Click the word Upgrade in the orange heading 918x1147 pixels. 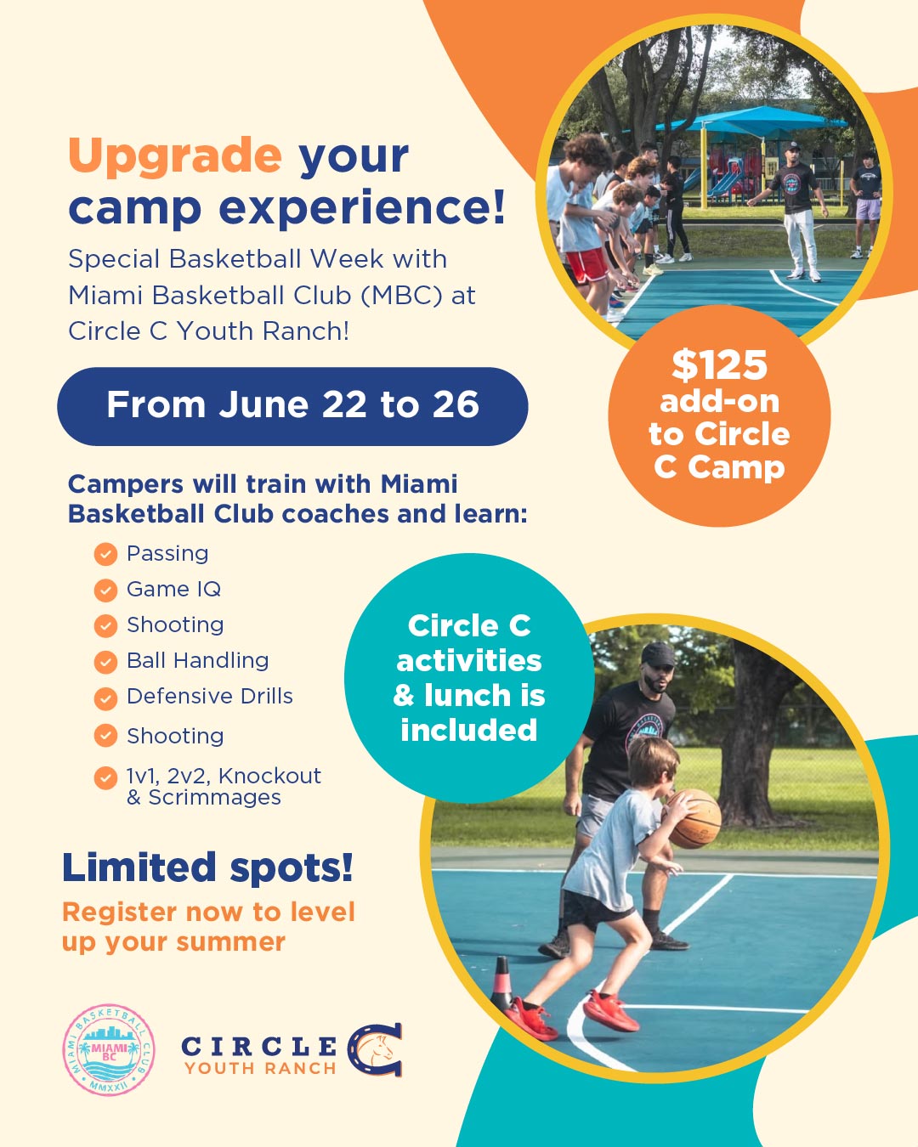174,156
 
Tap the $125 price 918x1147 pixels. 719,365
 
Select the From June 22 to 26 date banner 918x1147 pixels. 292,406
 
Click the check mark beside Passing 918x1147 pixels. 105,555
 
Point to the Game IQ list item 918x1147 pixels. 173,590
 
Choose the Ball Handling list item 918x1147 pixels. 197,661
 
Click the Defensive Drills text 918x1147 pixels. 209,697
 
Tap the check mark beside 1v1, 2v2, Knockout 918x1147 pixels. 105,777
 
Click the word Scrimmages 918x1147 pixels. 214,798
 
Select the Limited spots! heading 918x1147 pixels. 207,868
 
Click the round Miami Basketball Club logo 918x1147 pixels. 109,1050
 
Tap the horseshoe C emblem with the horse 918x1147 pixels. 376,1050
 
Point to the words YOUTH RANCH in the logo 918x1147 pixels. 260,1069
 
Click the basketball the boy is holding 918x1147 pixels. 694,818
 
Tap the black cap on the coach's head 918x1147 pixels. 657,654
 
